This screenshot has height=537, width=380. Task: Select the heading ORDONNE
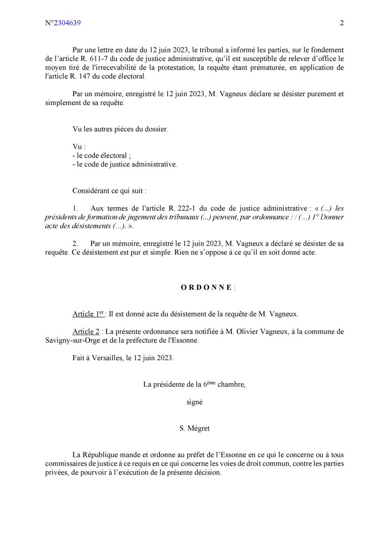pyautogui.click(x=206, y=287)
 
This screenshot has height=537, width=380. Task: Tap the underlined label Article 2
pyautogui.click(x=86, y=332)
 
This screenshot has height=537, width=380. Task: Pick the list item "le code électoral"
pyautogui.click(x=101, y=155)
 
